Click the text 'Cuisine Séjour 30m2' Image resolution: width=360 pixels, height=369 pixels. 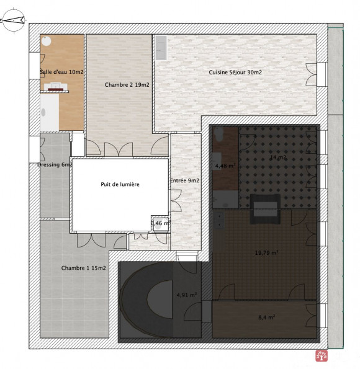[x=235, y=73]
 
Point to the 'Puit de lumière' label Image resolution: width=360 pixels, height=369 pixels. [x=120, y=184]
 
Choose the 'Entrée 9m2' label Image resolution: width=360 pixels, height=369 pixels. [x=184, y=181]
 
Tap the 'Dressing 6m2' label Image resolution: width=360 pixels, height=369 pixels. [x=54, y=165]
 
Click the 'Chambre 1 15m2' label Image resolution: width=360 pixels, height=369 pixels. [x=83, y=268]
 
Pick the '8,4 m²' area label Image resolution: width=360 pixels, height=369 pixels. [x=267, y=317]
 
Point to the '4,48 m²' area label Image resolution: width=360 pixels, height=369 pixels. [x=224, y=166]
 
